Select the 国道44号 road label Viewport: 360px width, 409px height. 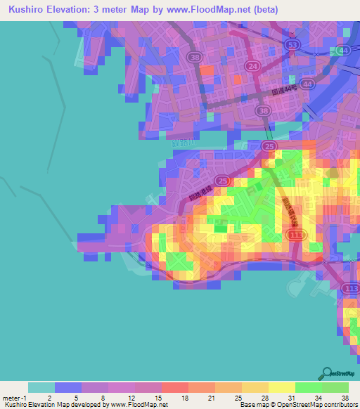coord(284,91)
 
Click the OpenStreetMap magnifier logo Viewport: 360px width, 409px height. coord(328,373)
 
